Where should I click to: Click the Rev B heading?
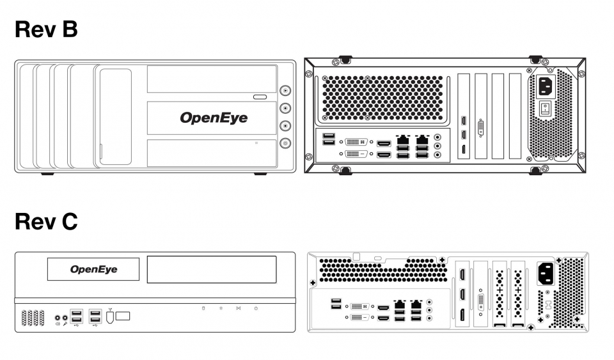point(46,29)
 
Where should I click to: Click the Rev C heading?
point(46,222)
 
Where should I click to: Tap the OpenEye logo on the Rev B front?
point(213,118)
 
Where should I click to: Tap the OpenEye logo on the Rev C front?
point(94,269)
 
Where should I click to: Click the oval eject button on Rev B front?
point(259,97)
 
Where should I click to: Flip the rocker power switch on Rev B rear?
point(545,109)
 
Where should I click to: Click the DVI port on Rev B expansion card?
point(481,127)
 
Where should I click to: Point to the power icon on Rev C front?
point(255,308)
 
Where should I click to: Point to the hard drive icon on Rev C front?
point(203,308)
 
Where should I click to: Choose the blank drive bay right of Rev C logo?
point(211,269)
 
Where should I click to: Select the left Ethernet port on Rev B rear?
point(403,139)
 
